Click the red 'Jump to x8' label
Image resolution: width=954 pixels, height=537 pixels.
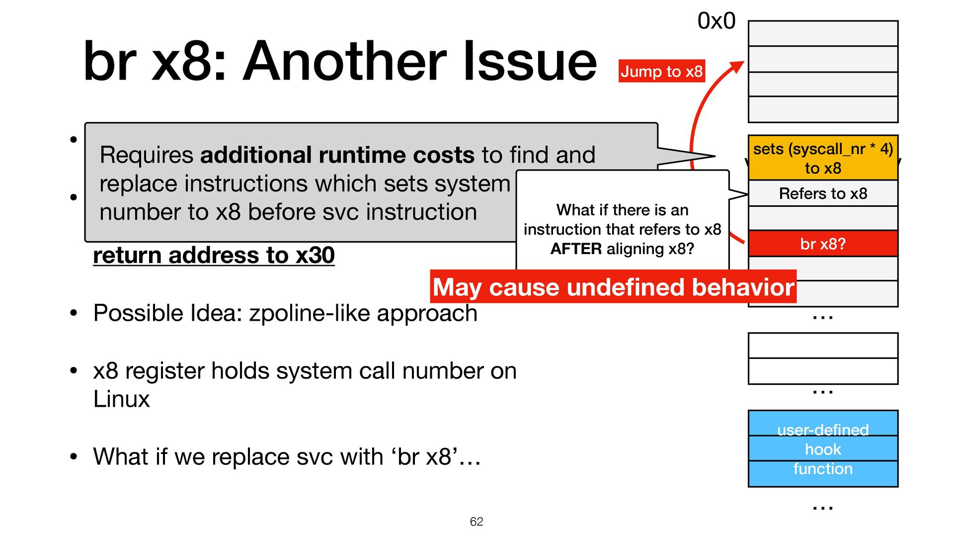coord(661,71)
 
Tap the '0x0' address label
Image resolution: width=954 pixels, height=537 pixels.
coord(716,21)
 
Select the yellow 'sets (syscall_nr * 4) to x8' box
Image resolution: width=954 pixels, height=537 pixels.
coord(823,158)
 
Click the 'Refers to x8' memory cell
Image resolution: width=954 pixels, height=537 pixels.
coord(823,193)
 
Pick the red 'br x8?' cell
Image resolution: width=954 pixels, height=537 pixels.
coord(823,244)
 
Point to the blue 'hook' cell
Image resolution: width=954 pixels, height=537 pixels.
coord(823,449)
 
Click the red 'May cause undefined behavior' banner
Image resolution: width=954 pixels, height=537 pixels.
coord(613,287)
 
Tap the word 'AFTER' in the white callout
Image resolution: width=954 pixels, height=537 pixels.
coord(576,249)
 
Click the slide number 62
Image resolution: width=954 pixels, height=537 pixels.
coord(477,521)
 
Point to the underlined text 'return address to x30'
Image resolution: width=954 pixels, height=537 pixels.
coord(214,255)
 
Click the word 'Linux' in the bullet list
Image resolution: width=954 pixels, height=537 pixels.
coord(121,399)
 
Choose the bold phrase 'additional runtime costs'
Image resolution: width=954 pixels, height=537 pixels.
coord(337,155)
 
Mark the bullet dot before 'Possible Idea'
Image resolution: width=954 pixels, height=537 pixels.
coord(74,313)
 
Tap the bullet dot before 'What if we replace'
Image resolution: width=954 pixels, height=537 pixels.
coord(74,456)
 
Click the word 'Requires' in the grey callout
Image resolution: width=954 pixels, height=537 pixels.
coord(147,155)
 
